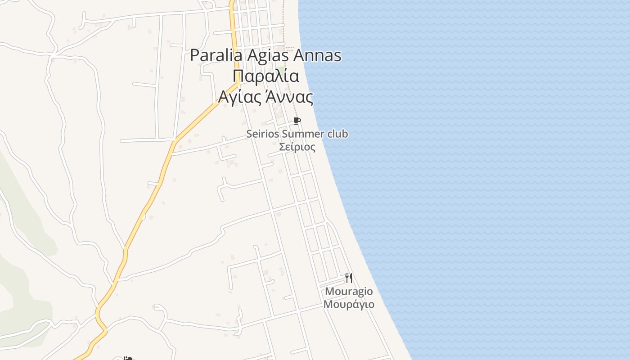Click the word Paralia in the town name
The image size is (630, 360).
click(x=216, y=56)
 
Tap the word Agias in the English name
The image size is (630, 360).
click(x=268, y=56)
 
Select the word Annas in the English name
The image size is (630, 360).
click(x=317, y=56)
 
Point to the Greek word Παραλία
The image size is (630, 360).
click(x=266, y=76)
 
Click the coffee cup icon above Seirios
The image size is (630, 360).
click(x=297, y=121)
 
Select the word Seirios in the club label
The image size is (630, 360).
click(x=263, y=134)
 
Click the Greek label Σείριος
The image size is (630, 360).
click(x=297, y=147)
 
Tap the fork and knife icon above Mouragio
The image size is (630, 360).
click(x=349, y=278)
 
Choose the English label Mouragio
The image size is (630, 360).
click(x=349, y=291)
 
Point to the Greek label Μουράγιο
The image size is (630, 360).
click(x=349, y=304)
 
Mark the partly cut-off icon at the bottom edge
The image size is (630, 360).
click(x=128, y=358)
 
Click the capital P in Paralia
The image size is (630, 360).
click(x=195, y=56)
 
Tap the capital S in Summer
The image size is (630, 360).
click(x=284, y=134)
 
